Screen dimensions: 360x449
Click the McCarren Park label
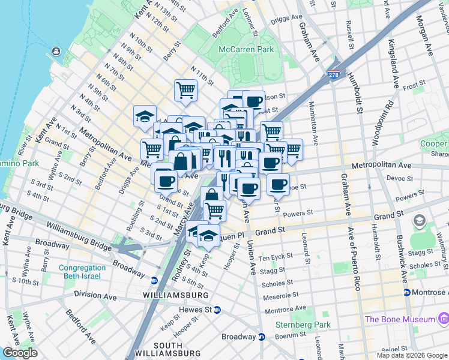pos(246,49)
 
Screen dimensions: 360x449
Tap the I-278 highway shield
pos(334,74)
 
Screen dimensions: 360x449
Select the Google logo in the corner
pos(19,353)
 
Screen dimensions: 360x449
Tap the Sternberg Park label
pos(294,325)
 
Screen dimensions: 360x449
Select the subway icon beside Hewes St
pos(217,310)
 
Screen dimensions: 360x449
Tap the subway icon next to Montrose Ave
pos(407,292)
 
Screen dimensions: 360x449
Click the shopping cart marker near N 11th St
pos(186,90)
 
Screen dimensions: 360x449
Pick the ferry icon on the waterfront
pos(56,52)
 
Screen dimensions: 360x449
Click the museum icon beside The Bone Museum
pos(443,319)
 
